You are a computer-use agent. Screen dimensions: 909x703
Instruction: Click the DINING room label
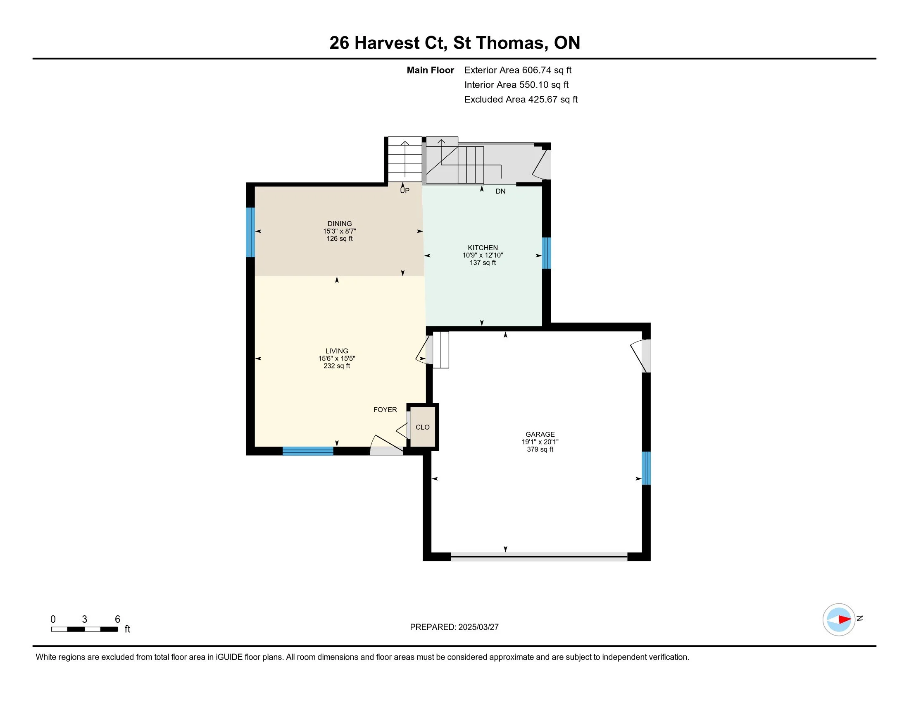coord(340,224)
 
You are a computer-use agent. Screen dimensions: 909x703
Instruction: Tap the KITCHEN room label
coord(483,248)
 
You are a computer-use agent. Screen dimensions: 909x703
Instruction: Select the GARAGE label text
coord(540,434)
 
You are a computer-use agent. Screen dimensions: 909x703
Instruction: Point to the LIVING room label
coord(337,351)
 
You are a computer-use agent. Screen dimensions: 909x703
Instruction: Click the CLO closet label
coord(422,427)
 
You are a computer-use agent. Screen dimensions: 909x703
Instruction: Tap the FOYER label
coord(385,410)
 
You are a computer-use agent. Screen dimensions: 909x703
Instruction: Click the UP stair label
coord(405,191)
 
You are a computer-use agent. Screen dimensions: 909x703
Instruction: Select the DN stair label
coord(500,191)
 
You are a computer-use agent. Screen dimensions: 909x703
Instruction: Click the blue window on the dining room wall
coord(250,232)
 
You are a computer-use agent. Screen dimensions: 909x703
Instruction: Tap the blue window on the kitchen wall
coord(547,253)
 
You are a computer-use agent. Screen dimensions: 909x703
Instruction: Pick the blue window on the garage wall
coord(646,468)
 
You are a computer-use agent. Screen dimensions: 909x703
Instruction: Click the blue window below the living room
coord(308,451)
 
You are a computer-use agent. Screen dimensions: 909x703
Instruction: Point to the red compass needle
coord(845,620)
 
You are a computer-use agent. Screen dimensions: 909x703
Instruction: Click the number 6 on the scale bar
coord(117,619)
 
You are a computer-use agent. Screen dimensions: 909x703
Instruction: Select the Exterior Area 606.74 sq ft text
coord(518,70)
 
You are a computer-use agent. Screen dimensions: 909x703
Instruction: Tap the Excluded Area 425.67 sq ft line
coord(521,100)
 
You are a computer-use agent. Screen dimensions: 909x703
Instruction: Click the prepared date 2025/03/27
coord(478,627)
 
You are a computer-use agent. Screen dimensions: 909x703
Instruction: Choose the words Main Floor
coord(431,70)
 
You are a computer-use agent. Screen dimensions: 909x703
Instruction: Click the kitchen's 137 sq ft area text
coord(483,263)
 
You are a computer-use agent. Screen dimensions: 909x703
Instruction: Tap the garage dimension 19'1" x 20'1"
coord(540,442)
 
